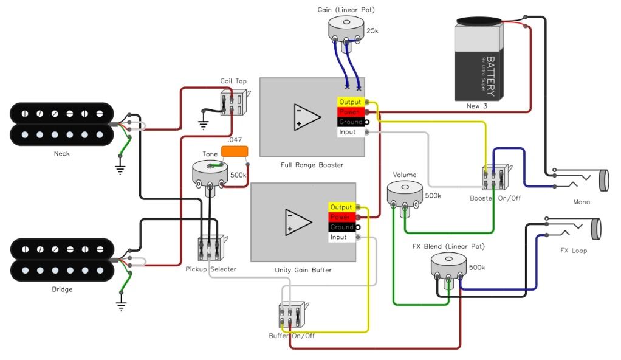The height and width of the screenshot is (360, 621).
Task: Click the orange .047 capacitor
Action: point(235,151)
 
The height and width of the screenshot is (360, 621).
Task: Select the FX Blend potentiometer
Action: point(448,266)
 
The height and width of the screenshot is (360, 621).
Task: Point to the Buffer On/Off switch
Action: point(293,314)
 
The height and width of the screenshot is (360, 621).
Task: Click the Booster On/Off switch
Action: point(496,177)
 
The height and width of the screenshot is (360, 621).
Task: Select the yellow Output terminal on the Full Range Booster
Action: point(351,102)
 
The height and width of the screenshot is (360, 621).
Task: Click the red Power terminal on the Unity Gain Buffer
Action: point(341,217)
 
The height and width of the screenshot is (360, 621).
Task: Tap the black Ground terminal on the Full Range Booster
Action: point(351,122)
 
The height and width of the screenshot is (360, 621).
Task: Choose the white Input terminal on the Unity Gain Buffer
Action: point(341,237)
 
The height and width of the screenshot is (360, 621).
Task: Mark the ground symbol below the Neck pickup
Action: point(120,169)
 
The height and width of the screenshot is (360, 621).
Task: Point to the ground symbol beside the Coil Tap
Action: point(203,125)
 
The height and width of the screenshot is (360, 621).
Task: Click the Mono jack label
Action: point(582,202)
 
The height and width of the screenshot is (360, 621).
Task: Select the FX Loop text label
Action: point(574,251)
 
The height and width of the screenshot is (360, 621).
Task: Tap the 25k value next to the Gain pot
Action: point(372,30)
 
